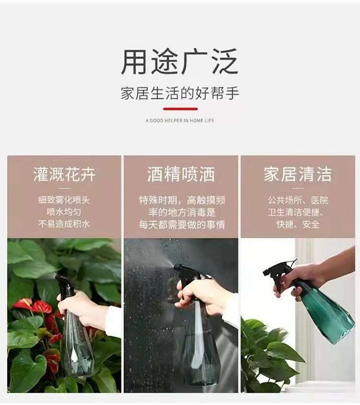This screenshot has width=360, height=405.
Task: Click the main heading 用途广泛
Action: (180, 61)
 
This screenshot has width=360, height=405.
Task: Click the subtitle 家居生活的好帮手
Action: (180, 93)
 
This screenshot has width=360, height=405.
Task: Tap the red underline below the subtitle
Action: (180, 109)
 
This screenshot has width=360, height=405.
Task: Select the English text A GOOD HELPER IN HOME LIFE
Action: (180, 120)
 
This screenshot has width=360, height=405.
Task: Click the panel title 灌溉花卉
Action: (64, 174)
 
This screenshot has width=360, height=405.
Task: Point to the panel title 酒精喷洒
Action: (181, 174)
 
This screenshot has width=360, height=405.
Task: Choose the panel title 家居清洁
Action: (298, 174)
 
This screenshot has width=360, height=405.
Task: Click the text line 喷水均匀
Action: (64, 212)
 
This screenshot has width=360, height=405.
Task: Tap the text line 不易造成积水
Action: (64, 224)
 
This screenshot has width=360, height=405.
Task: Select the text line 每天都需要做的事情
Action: (181, 224)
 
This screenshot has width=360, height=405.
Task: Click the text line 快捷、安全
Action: (298, 224)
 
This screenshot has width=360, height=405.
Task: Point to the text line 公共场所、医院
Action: (298, 200)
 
